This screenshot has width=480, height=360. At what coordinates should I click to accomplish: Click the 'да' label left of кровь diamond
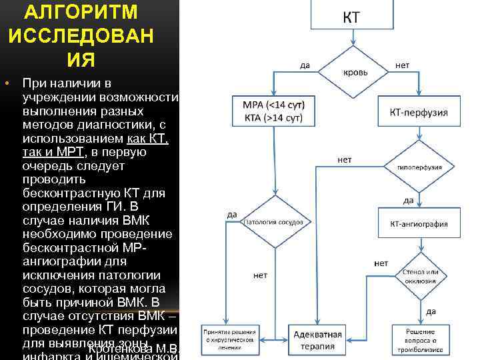point(305,65)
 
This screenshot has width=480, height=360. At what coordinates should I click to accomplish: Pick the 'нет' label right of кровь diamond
point(403,65)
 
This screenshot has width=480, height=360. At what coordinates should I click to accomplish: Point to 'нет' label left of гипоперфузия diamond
point(345,160)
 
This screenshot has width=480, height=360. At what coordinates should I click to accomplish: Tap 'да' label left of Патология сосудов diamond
point(233,214)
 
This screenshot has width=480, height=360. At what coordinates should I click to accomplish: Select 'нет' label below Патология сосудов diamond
point(261,275)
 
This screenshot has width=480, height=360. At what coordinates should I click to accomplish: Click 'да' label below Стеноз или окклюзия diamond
point(431,311)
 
